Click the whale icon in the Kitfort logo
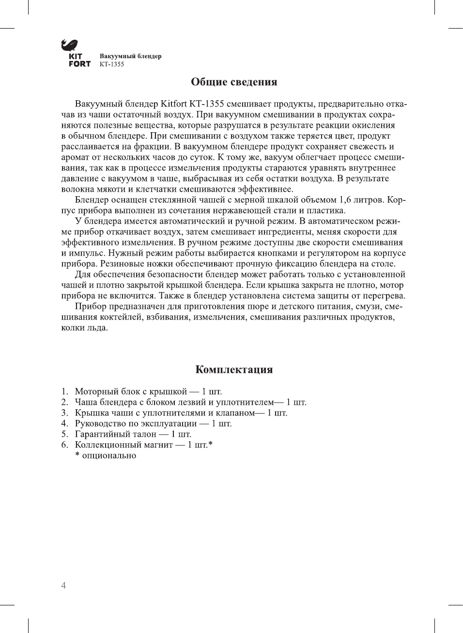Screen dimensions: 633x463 69,46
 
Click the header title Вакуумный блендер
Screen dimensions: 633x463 130,56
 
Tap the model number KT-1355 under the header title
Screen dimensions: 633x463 112,64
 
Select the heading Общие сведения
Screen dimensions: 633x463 234,82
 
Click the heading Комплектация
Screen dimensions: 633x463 234,370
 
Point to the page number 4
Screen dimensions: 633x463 63,586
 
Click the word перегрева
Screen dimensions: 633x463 386,296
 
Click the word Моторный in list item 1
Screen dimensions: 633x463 95,391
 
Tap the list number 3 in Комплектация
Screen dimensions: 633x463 64,413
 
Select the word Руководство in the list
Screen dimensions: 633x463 101,423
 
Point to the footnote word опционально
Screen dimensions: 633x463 109,455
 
